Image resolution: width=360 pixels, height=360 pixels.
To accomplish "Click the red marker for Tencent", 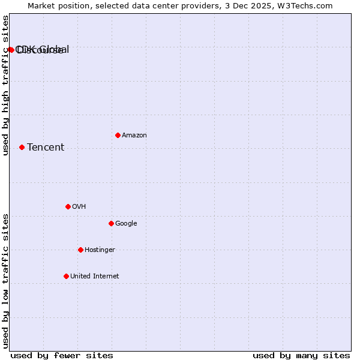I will (22, 147).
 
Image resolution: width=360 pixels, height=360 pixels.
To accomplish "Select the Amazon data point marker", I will (118, 135).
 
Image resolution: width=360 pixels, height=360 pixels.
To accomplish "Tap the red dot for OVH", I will (68, 206).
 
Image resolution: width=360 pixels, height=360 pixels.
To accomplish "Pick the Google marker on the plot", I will (111, 223).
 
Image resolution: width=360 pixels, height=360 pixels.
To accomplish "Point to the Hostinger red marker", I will (80, 250).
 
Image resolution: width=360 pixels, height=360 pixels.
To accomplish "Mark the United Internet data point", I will (66, 276).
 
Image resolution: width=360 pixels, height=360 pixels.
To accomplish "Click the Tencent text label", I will (46, 148).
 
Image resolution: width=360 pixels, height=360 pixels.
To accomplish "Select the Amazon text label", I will (134, 136).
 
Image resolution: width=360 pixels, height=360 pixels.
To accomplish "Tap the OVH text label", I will (79, 207).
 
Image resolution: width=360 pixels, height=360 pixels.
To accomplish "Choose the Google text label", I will (126, 224).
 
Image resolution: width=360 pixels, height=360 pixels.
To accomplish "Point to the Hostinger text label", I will (100, 250).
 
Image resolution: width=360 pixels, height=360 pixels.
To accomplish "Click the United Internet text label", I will (95, 277).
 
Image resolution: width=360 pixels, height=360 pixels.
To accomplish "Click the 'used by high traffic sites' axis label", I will (5, 85).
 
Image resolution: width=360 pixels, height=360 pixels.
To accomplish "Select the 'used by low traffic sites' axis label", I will (5, 281).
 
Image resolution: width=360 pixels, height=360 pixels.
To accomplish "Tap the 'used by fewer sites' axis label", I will (62, 356).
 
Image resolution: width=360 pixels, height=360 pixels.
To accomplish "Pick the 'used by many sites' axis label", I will (301, 356).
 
